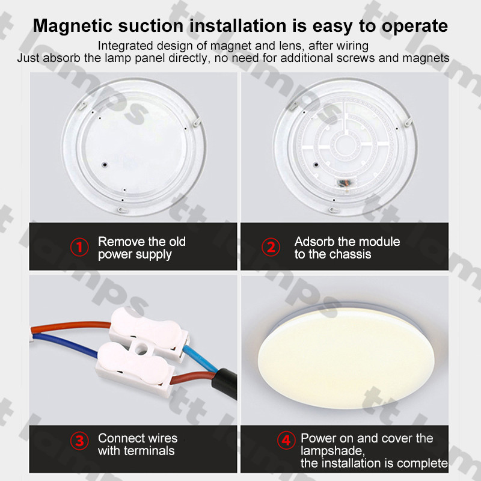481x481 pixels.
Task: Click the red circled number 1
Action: tap(79, 247)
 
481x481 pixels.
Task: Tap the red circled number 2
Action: tap(271, 247)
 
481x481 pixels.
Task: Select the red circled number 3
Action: tap(79, 441)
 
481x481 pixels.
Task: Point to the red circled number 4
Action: tap(286, 441)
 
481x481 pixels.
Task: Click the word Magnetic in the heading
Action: tap(73, 25)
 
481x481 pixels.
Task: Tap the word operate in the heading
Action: tap(415, 26)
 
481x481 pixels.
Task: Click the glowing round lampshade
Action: tap(346, 358)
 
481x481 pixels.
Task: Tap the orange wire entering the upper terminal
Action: tap(70, 326)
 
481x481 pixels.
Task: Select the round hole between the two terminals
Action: tap(141, 349)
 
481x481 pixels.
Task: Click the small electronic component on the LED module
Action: tap(345, 183)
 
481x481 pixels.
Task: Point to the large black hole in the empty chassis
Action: tap(105, 165)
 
